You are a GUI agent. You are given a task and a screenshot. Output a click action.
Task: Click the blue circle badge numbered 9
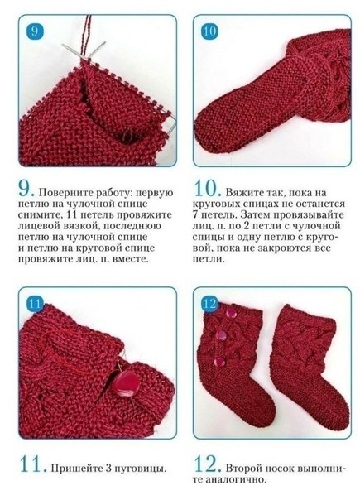[x=35, y=31]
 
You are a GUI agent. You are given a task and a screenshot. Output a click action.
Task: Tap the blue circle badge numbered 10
[x=209, y=31]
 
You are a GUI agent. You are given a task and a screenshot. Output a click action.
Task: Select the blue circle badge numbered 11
[x=35, y=304]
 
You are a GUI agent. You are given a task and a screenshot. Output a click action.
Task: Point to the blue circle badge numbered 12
[x=209, y=304]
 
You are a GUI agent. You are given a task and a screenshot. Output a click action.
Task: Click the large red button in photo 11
[x=125, y=383]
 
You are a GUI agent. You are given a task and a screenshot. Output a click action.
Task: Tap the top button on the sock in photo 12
[x=230, y=313]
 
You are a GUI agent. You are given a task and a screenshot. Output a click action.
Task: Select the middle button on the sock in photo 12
[x=221, y=335]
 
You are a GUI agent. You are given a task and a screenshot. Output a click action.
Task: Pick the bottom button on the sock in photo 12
[x=219, y=362]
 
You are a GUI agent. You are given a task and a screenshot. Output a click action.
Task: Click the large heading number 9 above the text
[x=26, y=189]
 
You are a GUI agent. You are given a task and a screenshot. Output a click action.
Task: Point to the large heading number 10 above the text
[x=207, y=189]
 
